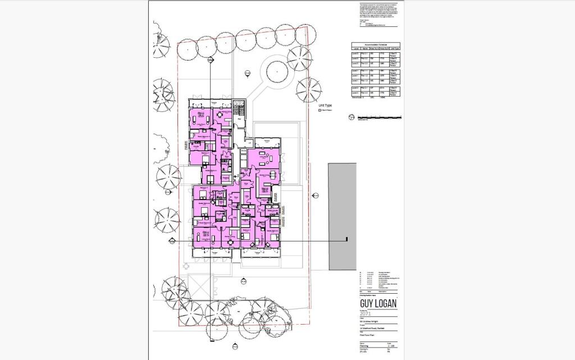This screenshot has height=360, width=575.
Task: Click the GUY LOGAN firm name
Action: (x=377, y=304)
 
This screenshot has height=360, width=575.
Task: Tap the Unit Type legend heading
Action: (x=325, y=105)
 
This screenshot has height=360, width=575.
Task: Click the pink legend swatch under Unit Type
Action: (x=321, y=111)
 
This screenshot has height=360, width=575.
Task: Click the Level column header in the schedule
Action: (x=355, y=49)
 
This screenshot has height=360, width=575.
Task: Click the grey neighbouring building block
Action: (x=342, y=216)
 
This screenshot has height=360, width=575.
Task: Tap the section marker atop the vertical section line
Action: (x=211, y=60)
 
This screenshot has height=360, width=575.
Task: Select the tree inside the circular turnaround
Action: (x=277, y=71)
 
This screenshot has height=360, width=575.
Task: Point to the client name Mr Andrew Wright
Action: (x=371, y=321)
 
